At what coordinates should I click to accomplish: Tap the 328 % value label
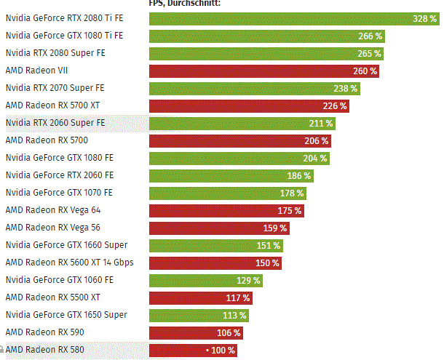[x=423, y=18]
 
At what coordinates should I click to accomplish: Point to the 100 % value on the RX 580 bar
[x=221, y=350]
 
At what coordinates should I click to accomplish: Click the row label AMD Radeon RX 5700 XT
[x=52, y=105]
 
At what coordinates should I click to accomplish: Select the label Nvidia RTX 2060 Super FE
[x=55, y=123]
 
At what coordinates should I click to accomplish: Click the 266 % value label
[x=370, y=36]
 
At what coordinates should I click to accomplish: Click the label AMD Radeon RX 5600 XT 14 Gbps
[x=69, y=263]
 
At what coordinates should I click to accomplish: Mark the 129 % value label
[x=247, y=280]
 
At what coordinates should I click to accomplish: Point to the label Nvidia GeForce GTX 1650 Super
[x=66, y=315]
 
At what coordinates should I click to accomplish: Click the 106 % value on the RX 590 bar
[x=228, y=332]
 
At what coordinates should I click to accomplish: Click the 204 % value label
[x=315, y=158]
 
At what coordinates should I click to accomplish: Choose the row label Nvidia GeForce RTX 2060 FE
[x=59, y=175]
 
